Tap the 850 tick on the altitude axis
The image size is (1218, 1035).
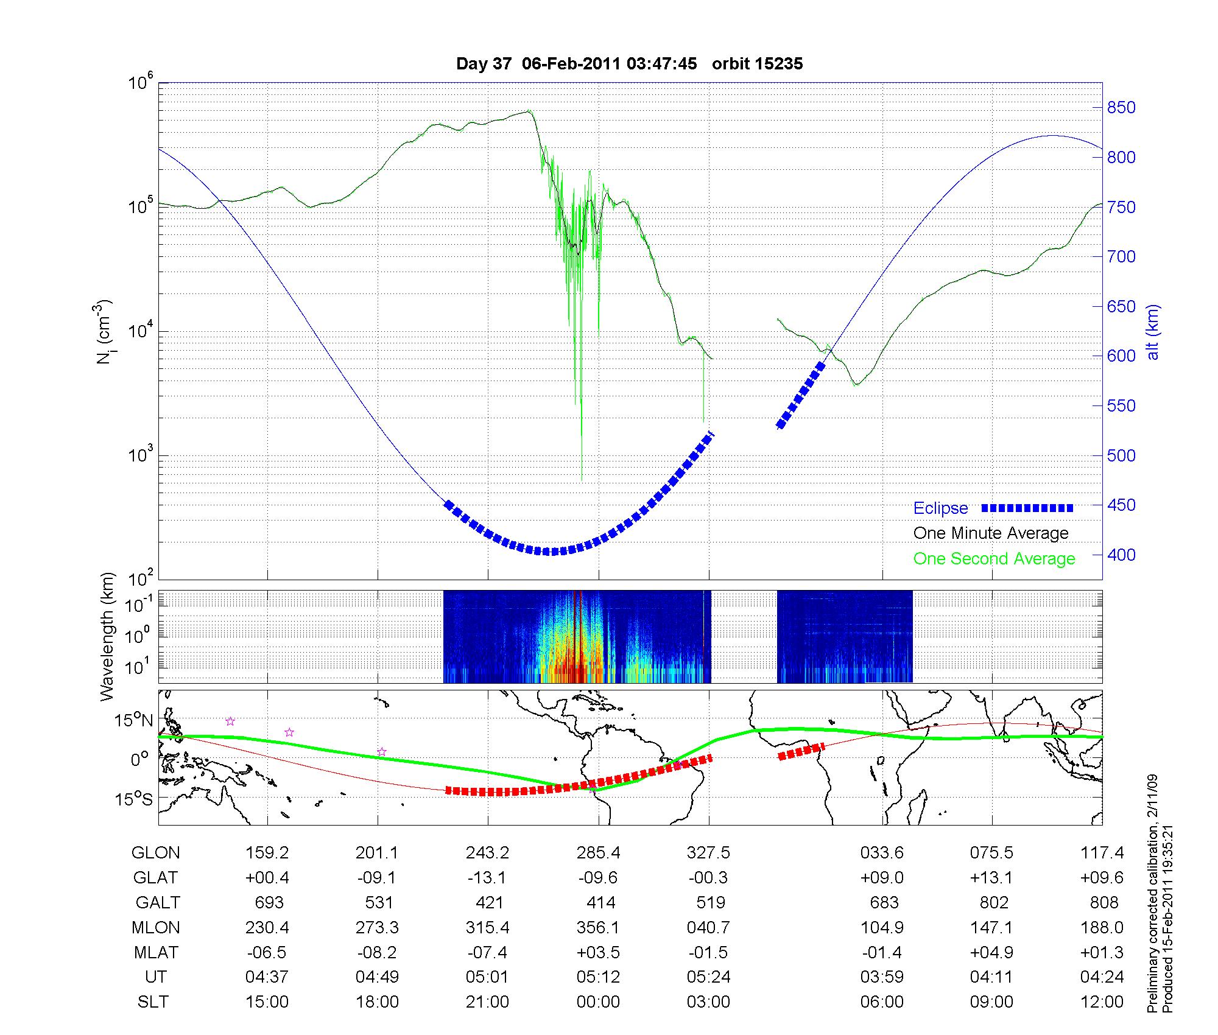click(1121, 108)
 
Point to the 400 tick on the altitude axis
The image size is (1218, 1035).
click(1121, 555)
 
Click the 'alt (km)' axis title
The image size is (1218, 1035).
click(1153, 332)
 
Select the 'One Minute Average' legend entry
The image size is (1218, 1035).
click(991, 533)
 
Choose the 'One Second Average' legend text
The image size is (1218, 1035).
click(994, 559)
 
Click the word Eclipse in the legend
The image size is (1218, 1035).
click(940, 508)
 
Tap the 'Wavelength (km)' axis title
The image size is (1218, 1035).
click(107, 636)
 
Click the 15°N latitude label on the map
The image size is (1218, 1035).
click(135, 721)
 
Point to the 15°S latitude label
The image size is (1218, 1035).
click(135, 798)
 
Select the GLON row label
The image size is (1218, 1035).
click(155, 853)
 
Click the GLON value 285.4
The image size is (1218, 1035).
click(598, 853)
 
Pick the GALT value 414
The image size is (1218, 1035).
click(600, 902)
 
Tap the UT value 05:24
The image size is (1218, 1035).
click(708, 977)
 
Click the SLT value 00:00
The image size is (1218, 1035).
click(598, 1002)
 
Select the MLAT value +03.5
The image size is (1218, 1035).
click(598, 952)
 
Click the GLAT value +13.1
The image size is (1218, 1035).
click(991, 878)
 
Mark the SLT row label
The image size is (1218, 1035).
click(153, 1002)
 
